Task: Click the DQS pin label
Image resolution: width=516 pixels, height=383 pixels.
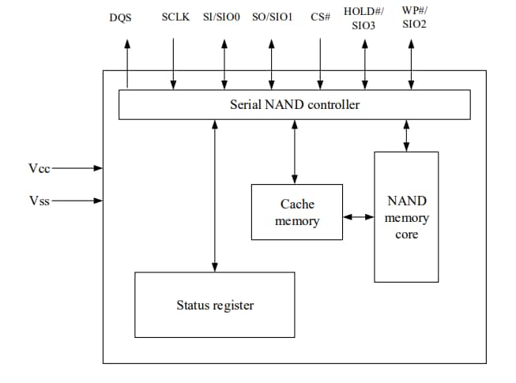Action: pyautogui.click(x=120, y=17)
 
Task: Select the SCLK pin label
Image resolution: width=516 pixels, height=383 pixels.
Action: pyautogui.click(x=175, y=17)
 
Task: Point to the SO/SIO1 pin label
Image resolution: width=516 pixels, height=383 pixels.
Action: pyautogui.click(x=272, y=17)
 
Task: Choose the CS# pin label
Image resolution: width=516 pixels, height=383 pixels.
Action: pyautogui.click(x=320, y=17)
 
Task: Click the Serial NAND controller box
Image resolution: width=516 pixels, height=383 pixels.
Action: pyautogui.click(x=294, y=104)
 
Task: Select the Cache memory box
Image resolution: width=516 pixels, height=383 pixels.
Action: pyautogui.click(x=296, y=212)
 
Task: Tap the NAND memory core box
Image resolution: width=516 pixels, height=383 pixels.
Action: pyautogui.click(x=406, y=217)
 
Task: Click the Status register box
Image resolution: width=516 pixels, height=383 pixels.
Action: pyautogui.click(x=214, y=305)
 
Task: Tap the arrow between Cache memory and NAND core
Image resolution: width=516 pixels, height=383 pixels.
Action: pyautogui.click(x=358, y=216)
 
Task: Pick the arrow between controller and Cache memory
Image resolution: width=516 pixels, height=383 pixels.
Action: pyautogui.click(x=295, y=152)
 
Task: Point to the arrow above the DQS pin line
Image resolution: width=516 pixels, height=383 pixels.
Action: pyautogui.click(x=127, y=43)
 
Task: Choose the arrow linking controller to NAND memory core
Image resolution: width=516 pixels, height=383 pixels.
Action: pyautogui.click(x=406, y=135)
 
